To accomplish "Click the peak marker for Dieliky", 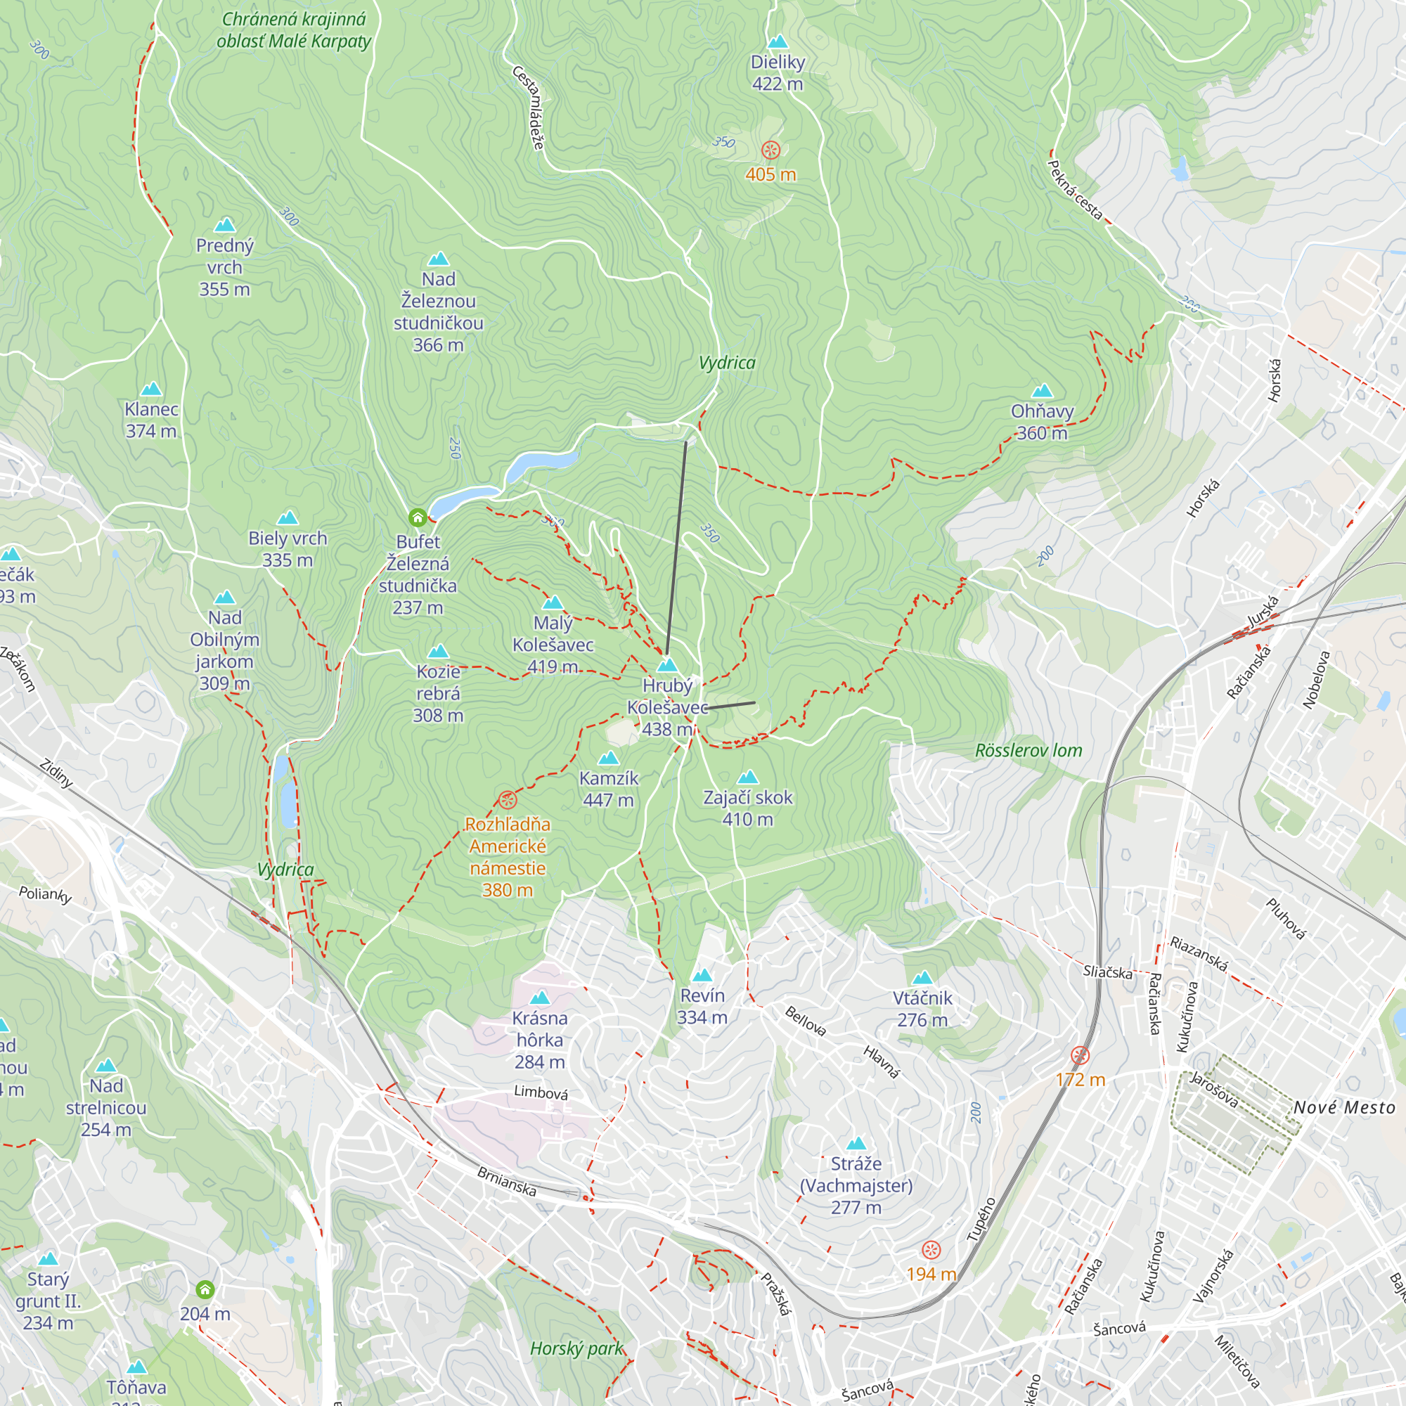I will tap(778, 41).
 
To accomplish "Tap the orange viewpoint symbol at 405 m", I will tap(770, 150).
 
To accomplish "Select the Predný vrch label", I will tap(224, 267).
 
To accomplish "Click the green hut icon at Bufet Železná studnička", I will tap(417, 517).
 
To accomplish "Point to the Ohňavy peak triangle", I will tap(1042, 391).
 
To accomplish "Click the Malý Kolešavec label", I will tap(553, 644).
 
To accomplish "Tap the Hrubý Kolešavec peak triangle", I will tap(667, 665).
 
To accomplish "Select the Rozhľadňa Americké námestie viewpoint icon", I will tap(508, 800).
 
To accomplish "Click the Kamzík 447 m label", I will tap(608, 789).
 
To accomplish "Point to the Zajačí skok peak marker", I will tap(747, 778).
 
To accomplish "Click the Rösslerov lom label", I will tap(1028, 750).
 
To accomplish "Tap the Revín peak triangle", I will tap(702, 975).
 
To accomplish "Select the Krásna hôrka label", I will tap(539, 1040).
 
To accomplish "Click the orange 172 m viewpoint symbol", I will tap(1080, 1055).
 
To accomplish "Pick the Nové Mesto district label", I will tap(1343, 1108).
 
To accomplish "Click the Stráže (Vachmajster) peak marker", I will tap(856, 1143).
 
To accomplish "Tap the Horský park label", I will tap(576, 1348).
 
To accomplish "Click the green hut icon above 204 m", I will tap(205, 1289).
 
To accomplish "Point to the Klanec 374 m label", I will tap(151, 420).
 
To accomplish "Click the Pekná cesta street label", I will tap(1075, 189).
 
